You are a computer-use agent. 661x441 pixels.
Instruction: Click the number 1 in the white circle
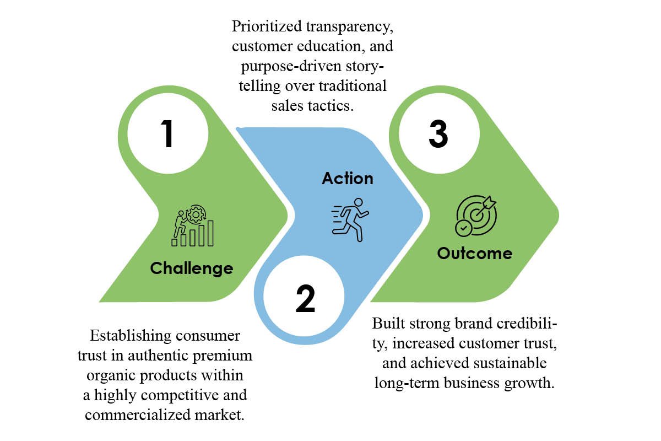click(x=167, y=133)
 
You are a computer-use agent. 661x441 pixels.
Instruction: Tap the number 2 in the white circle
click(x=305, y=299)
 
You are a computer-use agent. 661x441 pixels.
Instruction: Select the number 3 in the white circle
click(x=438, y=133)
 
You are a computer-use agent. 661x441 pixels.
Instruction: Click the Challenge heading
click(x=192, y=268)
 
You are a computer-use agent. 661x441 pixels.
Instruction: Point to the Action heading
click(x=348, y=179)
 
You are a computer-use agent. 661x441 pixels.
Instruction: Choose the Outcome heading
click(x=474, y=254)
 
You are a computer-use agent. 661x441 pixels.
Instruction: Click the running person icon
click(x=350, y=220)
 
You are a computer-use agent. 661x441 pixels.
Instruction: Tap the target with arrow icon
click(x=476, y=216)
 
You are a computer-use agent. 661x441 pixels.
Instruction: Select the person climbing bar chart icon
click(x=193, y=225)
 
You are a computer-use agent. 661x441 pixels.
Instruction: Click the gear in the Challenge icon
click(x=196, y=214)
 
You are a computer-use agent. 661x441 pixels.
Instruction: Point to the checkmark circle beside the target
click(x=464, y=228)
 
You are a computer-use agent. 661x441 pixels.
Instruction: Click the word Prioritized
click(x=267, y=26)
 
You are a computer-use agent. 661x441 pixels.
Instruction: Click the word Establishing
click(x=131, y=336)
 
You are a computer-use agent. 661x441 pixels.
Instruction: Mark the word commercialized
click(x=138, y=415)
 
